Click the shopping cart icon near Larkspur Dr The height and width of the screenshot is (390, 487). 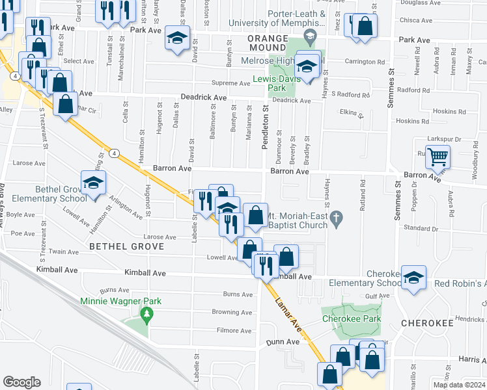[438, 157]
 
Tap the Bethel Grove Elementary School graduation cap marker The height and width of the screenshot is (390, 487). [94, 183]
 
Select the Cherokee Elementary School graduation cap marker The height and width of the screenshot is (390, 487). [413, 278]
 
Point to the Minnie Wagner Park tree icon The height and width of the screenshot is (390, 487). [147, 314]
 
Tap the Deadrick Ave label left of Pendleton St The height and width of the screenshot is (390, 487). [204, 97]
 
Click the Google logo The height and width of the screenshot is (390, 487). [21, 382]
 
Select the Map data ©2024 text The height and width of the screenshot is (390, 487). [459, 385]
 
